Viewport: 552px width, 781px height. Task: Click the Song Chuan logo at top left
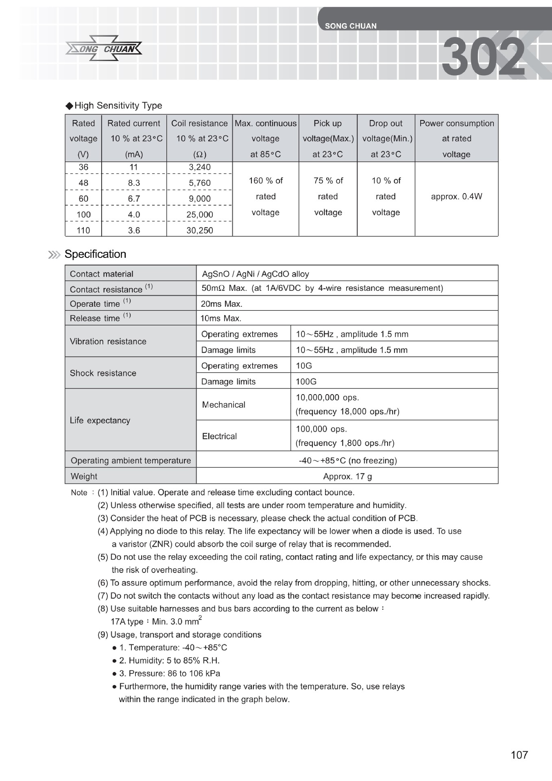tap(104, 49)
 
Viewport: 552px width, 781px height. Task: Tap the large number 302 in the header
tap(483, 57)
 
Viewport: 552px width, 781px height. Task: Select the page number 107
tap(519, 755)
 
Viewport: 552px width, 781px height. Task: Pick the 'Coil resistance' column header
tap(199, 124)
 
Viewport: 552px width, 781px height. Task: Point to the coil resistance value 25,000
tap(200, 215)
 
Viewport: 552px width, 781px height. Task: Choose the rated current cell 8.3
tap(134, 183)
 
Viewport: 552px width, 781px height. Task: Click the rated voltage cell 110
tap(83, 231)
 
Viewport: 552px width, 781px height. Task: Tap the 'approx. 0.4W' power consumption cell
tap(456, 197)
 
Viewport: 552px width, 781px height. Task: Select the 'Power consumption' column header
tap(456, 124)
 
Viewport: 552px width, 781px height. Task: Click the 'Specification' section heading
tap(95, 254)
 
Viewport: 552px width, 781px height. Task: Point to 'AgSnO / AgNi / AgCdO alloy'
tap(255, 274)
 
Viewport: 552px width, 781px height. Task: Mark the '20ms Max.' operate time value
tap(222, 304)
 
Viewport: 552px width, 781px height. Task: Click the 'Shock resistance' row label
tap(103, 373)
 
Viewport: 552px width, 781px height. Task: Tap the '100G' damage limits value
tap(306, 382)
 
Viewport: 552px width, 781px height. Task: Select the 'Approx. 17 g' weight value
tap(347, 476)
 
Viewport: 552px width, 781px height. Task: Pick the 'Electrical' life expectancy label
tap(219, 436)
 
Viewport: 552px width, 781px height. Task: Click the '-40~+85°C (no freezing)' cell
tap(347, 460)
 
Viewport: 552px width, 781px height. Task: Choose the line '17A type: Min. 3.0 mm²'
tap(156, 622)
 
